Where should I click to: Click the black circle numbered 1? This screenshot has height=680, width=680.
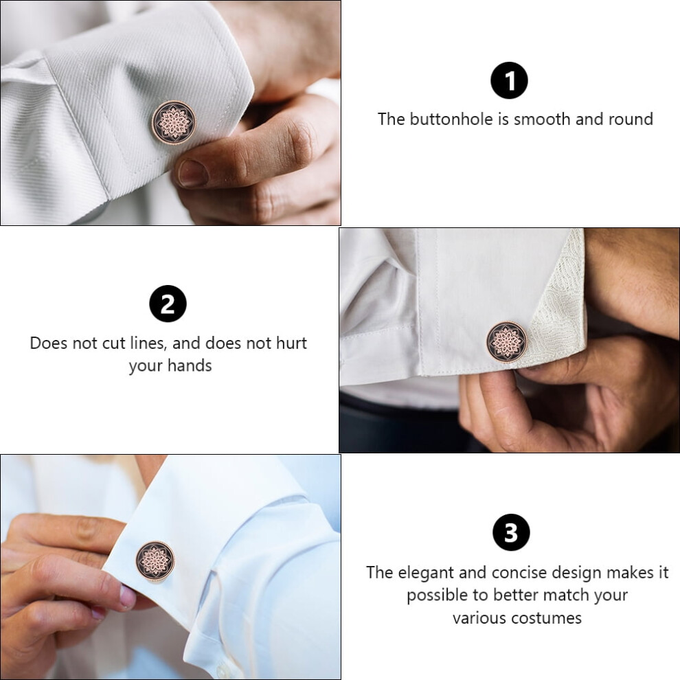click(x=509, y=80)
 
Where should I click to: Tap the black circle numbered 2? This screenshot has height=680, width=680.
click(x=168, y=304)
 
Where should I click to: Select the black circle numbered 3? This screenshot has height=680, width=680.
click(x=511, y=532)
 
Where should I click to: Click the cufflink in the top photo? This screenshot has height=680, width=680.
click(x=174, y=122)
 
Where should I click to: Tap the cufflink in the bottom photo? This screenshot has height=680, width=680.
click(x=155, y=562)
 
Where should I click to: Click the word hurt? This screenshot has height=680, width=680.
click(x=292, y=343)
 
